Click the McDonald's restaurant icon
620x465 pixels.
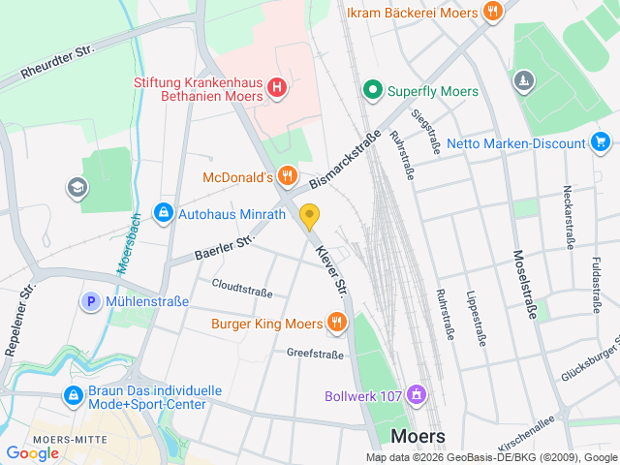(287, 176)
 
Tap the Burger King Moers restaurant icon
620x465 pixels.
(337, 322)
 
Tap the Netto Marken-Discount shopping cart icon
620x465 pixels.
(601, 143)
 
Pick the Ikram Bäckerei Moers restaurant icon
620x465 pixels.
(493, 12)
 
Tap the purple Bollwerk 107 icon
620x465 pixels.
(417, 394)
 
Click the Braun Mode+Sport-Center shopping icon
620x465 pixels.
(73, 395)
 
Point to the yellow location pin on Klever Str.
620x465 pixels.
(310, 216)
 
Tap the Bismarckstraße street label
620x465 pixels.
(344, 160)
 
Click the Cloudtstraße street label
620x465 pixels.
(242, 288)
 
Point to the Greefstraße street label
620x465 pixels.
(315, 355)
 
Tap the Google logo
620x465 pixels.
(32, 452)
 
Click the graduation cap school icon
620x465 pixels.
(75, 186)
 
